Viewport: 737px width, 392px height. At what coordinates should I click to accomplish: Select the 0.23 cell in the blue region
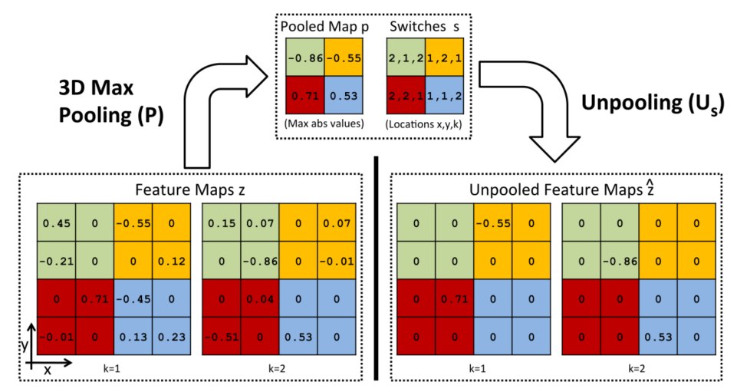pos(170,335)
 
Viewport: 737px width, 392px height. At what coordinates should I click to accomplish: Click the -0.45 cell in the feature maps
pos(133,298)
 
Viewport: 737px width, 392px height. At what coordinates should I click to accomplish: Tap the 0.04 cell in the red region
pos(259,298)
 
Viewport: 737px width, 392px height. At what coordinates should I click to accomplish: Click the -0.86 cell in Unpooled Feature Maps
pos(619,261)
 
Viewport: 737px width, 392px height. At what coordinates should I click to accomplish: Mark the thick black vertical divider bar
pos(377,268)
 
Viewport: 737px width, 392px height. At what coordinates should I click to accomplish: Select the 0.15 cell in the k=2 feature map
pos(222,224)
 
